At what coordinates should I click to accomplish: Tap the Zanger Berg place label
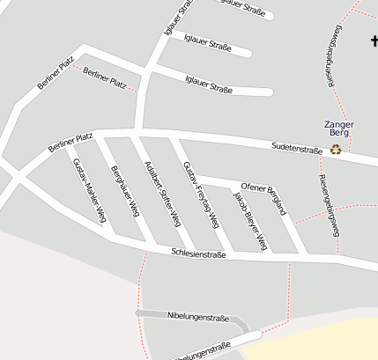pyautogui.click(x=338, y=129)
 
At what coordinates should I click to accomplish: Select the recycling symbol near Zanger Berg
pyautogui.click(x=336, y=149)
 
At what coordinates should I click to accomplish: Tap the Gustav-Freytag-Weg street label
pyautogui.click(x=200, y=195)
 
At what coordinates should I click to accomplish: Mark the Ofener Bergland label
pyautogui.click(x=263, y=199)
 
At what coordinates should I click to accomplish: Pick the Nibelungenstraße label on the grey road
pyautogui.click(x=197, y=315)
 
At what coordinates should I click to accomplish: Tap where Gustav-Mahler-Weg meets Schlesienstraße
pyautogui.click(x=114, y=237)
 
